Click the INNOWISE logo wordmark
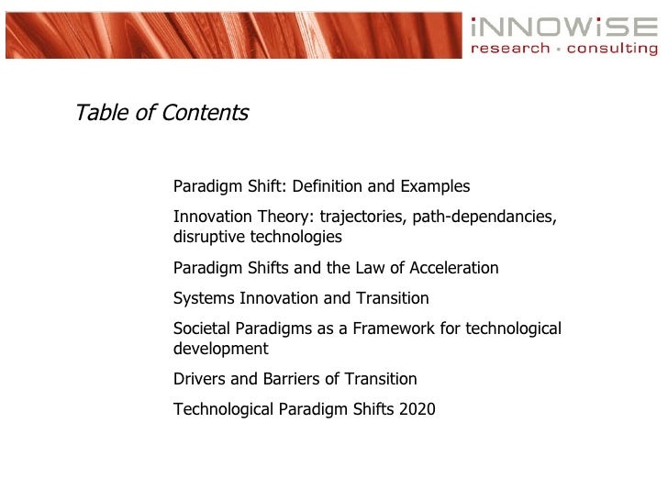pyautogui.click(x=563, y=27)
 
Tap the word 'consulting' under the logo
pyautogui.click(x=612, y=49)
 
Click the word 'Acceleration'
pyautogui.click(x=452, y=268)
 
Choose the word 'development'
pyautogui.click(x=220, y=349)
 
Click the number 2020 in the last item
pyautogui.click(x=418, y=409)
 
